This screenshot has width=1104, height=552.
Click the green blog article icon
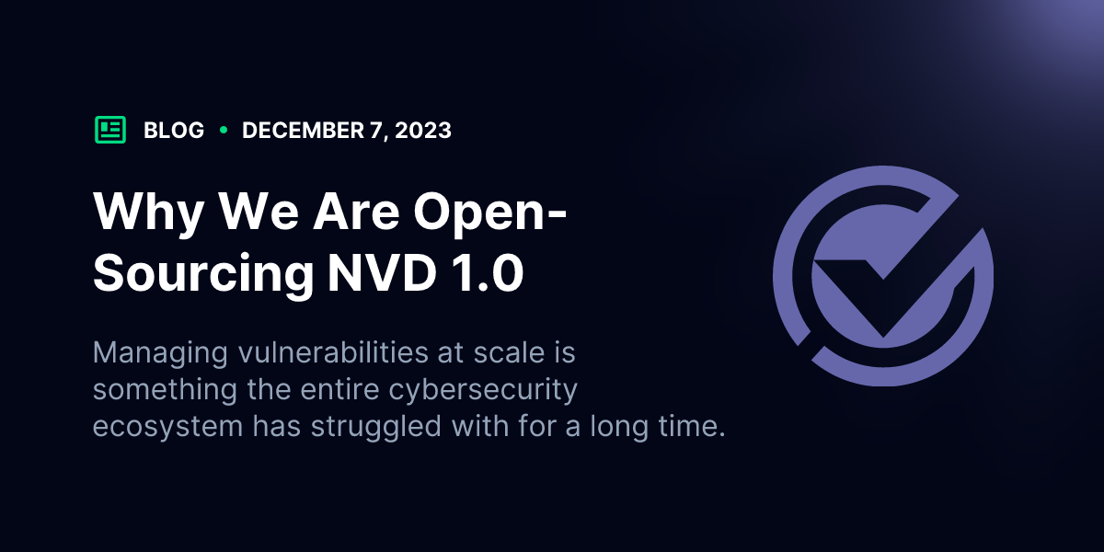tap(109, 130)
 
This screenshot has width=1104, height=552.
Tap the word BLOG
tap(174, 131)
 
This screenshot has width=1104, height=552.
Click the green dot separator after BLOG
tap(224, 130)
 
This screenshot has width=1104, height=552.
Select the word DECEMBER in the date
tap(303, 131)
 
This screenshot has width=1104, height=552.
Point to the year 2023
tap(423, 131)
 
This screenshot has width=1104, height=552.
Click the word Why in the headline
tap(149, 213)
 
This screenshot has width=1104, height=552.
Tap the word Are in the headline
tap(356, 211)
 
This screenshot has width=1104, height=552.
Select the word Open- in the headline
tap(490, 213)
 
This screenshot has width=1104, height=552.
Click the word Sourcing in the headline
tap(203, 274)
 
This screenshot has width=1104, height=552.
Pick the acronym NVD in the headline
tap(382, 272)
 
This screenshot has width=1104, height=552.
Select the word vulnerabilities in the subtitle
tap(333, 352)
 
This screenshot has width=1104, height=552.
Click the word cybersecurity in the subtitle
tap(483, 391)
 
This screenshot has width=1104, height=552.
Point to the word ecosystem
tap(167, 427)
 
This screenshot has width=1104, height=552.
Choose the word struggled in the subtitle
tap(376, 427)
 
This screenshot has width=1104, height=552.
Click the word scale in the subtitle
tap(509, 352)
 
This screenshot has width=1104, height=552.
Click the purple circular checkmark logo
tap(883, 276)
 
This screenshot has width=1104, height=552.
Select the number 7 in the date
tap(375, 131)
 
